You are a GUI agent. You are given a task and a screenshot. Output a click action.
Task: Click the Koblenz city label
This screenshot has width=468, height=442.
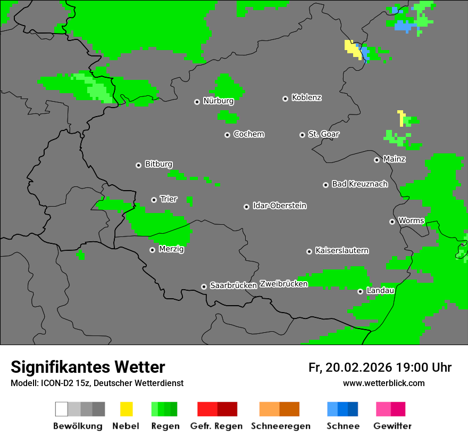pos(306,97)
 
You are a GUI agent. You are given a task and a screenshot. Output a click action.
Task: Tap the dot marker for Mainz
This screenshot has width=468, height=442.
pos(377,160)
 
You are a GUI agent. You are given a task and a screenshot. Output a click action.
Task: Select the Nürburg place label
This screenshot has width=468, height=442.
pos(218,101)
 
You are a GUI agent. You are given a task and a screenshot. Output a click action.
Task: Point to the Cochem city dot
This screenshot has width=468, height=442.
pos(227,135)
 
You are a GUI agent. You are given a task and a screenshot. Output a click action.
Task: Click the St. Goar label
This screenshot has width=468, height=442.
pos(323,134)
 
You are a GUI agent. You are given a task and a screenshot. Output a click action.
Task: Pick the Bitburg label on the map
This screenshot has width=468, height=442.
pos(158,165)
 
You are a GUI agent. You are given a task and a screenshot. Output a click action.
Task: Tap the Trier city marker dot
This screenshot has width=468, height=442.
pos(154,200)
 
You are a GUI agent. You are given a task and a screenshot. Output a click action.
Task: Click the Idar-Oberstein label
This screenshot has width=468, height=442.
pos(279,206)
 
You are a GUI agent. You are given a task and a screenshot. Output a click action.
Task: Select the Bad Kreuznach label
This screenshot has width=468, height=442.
pos(360,184)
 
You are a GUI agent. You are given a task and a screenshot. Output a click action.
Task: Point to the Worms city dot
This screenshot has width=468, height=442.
pos(392,222)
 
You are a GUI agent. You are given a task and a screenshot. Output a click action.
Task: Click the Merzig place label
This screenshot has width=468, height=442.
pos(171,249)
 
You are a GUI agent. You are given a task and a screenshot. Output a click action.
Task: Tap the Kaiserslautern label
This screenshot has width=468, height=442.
pos(341,250)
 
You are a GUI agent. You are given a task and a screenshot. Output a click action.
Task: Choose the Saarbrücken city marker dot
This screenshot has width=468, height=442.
pos(204,287)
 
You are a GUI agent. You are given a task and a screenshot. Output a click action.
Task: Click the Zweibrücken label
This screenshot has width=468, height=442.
pos(283,284)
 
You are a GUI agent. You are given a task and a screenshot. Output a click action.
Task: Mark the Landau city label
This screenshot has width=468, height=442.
pos(380,290)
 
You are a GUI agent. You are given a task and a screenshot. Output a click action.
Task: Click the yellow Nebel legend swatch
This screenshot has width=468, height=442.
pos(126,409)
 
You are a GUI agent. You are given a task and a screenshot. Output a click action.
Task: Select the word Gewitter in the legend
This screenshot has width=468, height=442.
pos(392,426)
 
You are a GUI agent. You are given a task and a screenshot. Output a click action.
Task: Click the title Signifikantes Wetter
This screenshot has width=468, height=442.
pos(88,367)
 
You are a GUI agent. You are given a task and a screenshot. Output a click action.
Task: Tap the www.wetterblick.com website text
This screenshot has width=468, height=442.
pos(383,383)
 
